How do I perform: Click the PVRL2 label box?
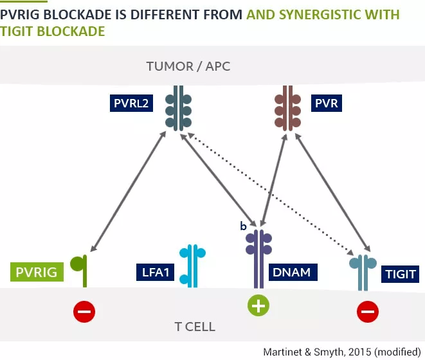tap(131, 102)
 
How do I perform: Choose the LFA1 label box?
tap(155, 272)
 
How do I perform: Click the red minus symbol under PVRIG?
tap(84, 312)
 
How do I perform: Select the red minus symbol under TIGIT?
tap(368, 312)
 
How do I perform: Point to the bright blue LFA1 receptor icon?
tap(192, 265)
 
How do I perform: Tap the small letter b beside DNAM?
tap(243, 226)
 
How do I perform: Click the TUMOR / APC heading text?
tap(188, 66)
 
